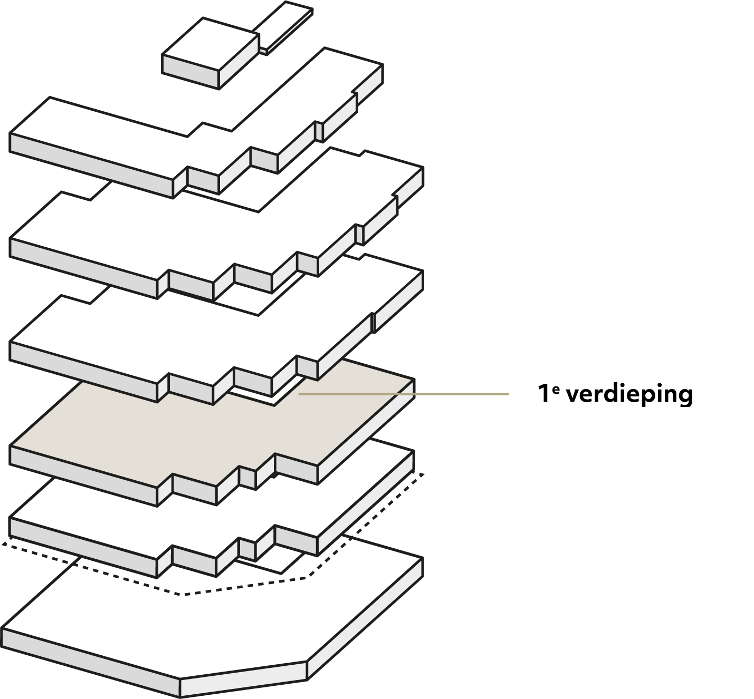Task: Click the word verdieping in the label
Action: coord(630,395)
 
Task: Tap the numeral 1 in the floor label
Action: coord(544,393)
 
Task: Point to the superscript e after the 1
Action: coord(556,389)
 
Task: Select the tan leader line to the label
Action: coord(404,394)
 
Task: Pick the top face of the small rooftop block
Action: coord(211,44)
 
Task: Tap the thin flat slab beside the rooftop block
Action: coord(283,26)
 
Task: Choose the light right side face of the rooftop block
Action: coord(239,61)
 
